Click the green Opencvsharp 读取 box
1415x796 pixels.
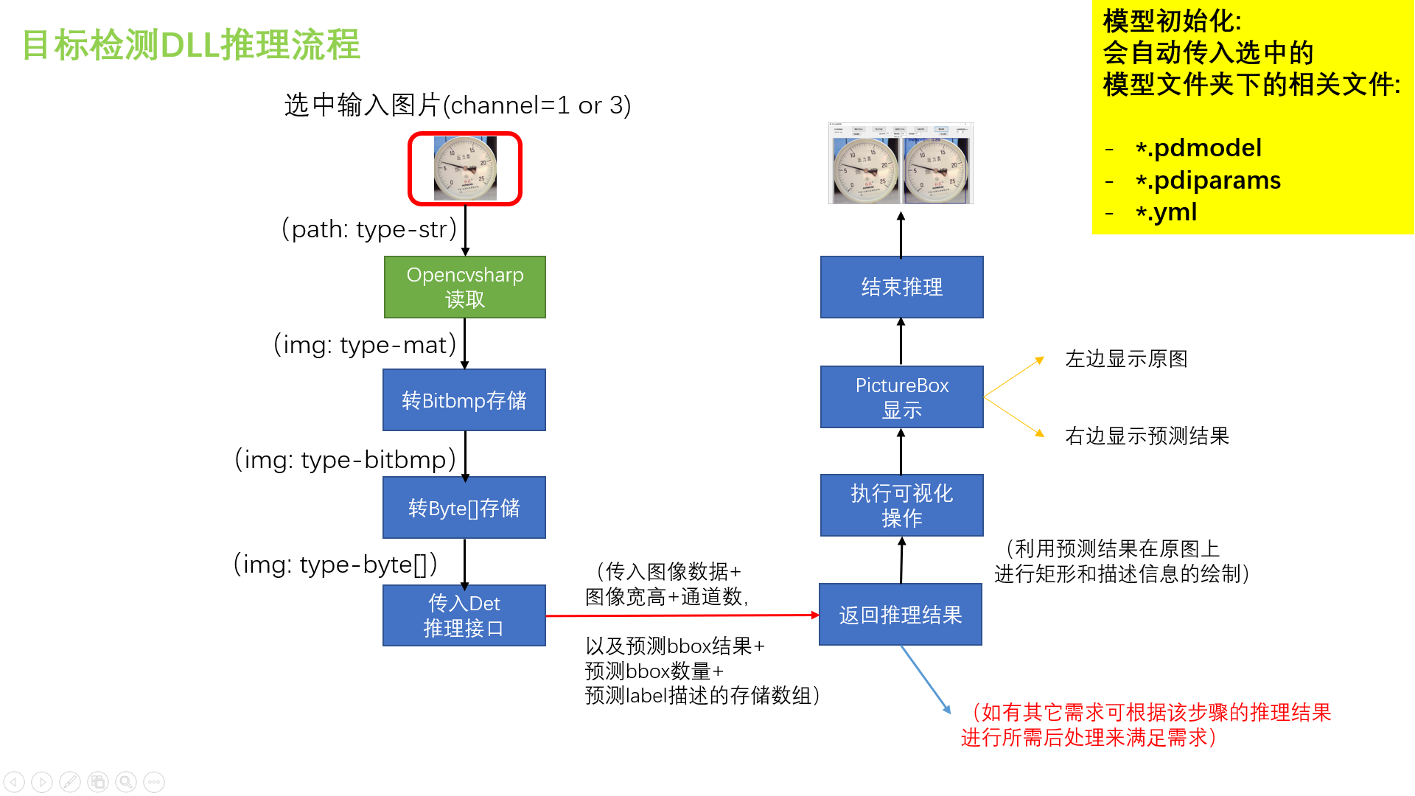(x=464, y=287)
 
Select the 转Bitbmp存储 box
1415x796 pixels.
(x=464, y=399)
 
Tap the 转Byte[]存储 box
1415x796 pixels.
(x=464, y=507)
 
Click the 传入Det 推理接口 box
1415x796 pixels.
(x=464, y=615)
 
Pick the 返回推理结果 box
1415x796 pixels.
(x=901, y=615)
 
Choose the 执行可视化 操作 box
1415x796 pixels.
(x=901, y=505)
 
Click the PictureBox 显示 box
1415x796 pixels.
(x=901, y=397)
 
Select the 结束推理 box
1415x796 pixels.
(x=901, y=287)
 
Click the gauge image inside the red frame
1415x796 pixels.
(x=465, y=169)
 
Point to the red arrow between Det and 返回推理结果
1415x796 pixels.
(x=682, y=615)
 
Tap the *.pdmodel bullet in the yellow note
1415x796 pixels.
(x=1199, y=148)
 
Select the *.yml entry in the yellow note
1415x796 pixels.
(x=1167, y=212)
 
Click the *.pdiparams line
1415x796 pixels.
(x=1209, y=181)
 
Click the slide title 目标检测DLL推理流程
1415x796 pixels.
(x=191, y=45)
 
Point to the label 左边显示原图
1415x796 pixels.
(x=1126, y=359)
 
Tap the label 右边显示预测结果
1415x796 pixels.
(x=1147, y=436)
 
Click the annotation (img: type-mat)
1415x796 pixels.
(x=365, y=345)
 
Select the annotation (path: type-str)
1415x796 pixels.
(x=369, y=229)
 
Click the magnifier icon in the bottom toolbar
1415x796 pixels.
(x=126, y=782)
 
